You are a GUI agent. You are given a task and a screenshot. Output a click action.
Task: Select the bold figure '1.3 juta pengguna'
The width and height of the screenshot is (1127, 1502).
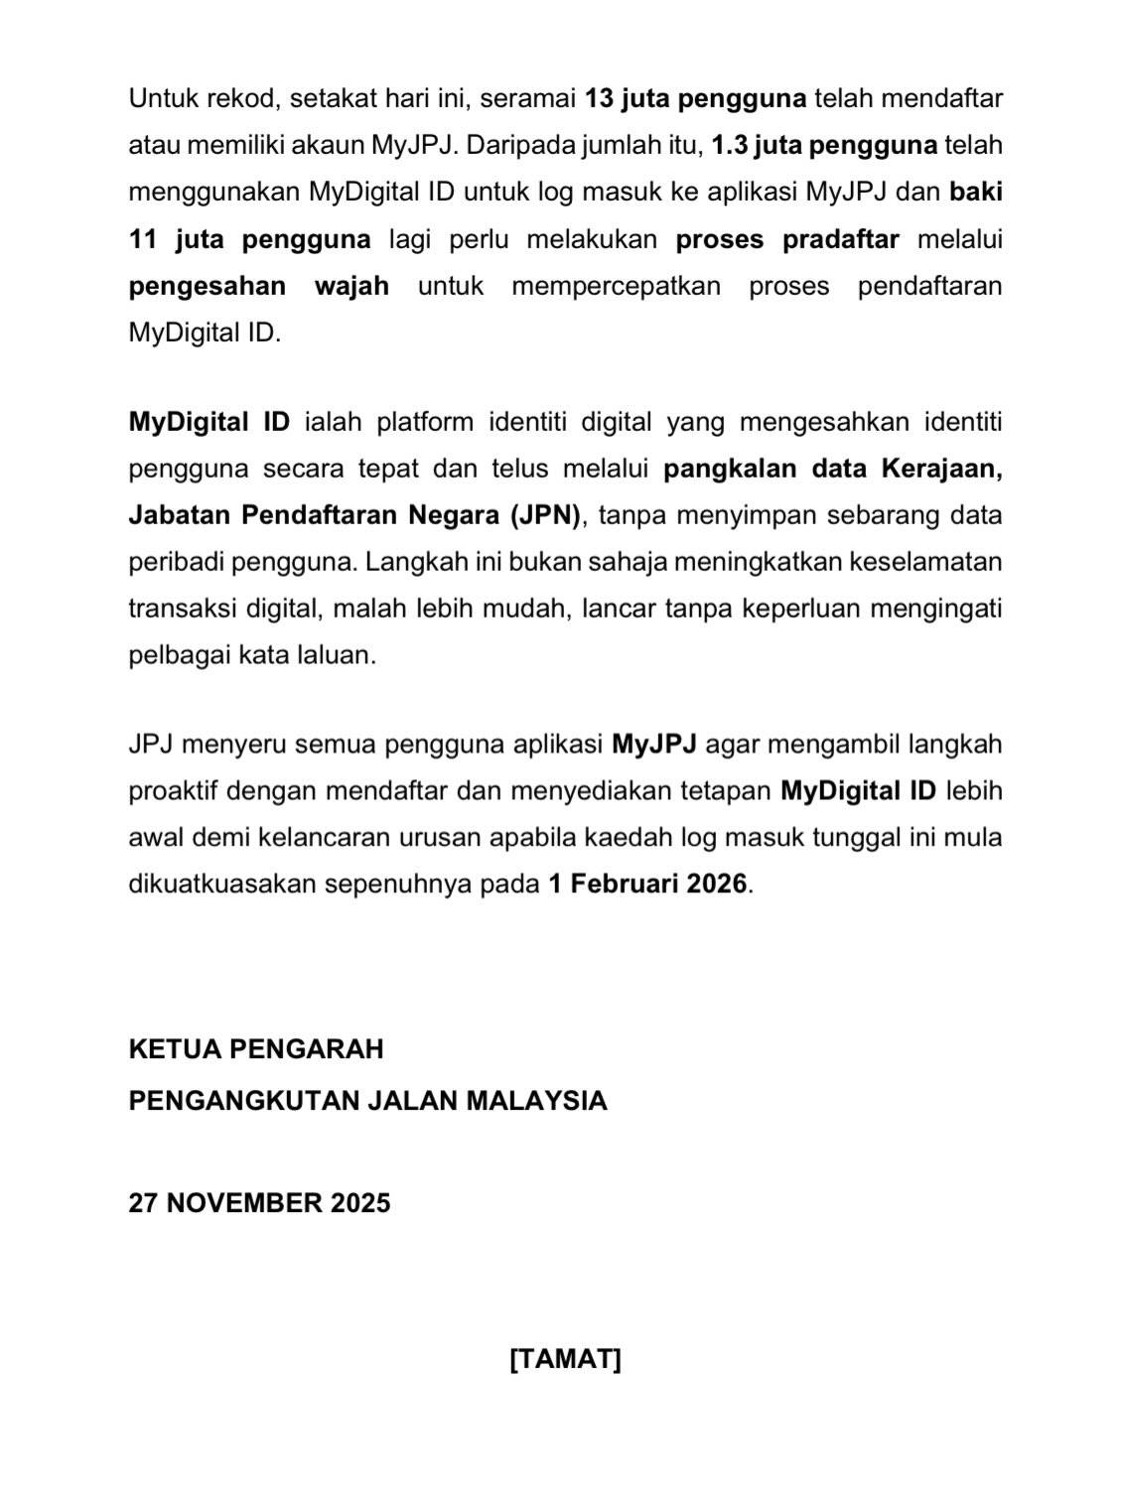point(824,146)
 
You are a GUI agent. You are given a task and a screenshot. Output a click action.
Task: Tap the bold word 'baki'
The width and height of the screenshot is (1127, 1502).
point(975,192)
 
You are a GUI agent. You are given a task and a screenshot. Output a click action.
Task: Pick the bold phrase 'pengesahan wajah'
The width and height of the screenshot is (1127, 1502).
point(258,286)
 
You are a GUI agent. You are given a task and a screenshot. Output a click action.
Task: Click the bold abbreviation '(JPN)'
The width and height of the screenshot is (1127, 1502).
point(545,515)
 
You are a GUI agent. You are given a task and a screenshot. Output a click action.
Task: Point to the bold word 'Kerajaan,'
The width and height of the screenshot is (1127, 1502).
point(941,469)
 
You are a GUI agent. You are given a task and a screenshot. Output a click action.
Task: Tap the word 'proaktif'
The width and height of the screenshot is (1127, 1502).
point(173,791)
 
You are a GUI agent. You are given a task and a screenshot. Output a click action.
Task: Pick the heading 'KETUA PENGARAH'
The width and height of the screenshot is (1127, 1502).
point(255,1049)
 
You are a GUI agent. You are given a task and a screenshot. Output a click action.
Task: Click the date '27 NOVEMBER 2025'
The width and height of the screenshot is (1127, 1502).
point(259,1203)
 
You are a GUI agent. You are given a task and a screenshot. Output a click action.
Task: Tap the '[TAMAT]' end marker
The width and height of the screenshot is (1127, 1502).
point(564,1359)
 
